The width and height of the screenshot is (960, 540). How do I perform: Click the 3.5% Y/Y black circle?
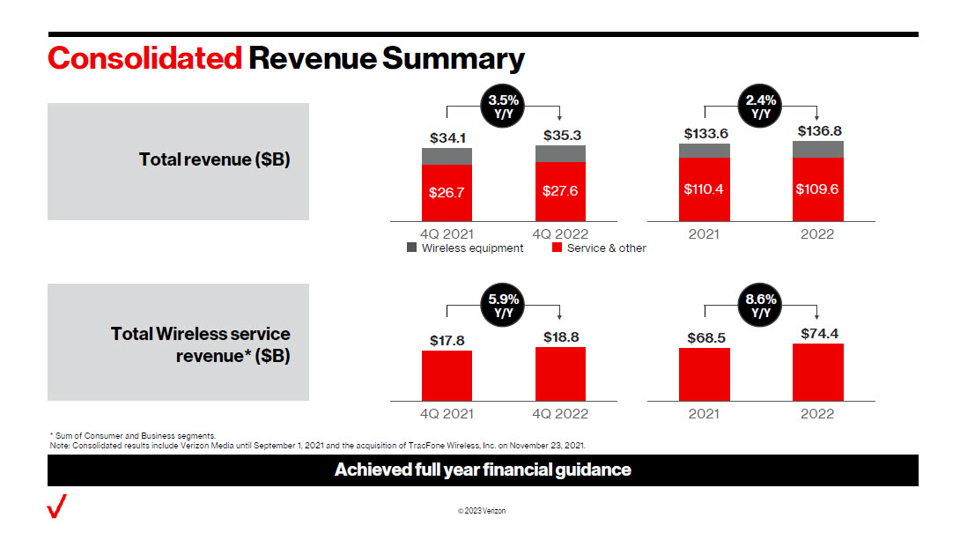504,106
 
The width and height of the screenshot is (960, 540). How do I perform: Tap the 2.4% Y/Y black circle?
761,106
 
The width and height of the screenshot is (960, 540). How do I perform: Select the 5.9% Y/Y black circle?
504,306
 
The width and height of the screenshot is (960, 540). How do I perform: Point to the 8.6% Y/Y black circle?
761,306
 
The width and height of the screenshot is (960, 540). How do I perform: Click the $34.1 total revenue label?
447,138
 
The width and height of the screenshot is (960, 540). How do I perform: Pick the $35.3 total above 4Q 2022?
560,135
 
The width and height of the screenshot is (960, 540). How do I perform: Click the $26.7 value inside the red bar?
447,193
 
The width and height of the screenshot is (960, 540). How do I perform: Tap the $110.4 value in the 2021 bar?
704,189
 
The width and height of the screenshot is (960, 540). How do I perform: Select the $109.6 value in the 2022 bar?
817,189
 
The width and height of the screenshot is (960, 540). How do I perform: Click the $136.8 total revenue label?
817,131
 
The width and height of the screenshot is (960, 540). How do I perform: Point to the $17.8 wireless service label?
447,341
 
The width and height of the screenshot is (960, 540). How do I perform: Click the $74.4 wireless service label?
817,334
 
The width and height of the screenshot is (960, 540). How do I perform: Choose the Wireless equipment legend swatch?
411,248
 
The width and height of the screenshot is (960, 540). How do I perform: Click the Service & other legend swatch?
557,248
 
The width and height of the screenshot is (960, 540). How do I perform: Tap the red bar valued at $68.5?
705,374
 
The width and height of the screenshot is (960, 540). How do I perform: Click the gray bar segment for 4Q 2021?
447,156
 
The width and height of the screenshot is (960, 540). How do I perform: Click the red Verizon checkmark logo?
57,507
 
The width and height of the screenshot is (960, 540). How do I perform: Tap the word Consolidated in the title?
145,58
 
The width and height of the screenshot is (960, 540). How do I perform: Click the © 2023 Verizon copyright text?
481,512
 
